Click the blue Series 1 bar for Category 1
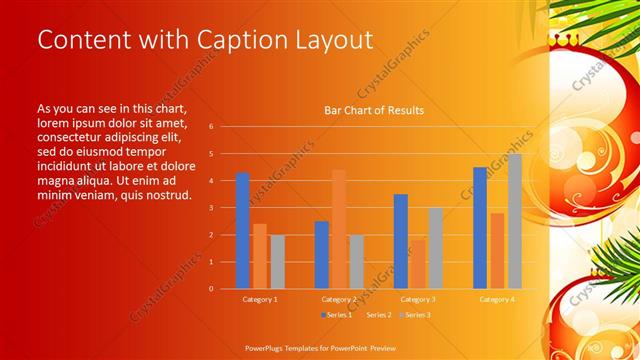point(242,230)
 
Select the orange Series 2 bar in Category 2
point(339,229)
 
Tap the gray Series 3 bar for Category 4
point(515,221)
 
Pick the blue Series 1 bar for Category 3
point(401,241)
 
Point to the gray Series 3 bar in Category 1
point(277,261)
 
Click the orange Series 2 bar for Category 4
point(497,250)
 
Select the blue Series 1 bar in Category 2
point(321,254)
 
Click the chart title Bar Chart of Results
point(374,110)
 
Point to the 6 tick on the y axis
point(211,127)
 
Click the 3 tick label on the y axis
point(211,208)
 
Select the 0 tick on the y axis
point(211,289)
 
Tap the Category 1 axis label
point(260,299)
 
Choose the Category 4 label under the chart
point(496,299)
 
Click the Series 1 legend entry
point(336,314)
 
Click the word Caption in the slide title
point(228,40)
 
